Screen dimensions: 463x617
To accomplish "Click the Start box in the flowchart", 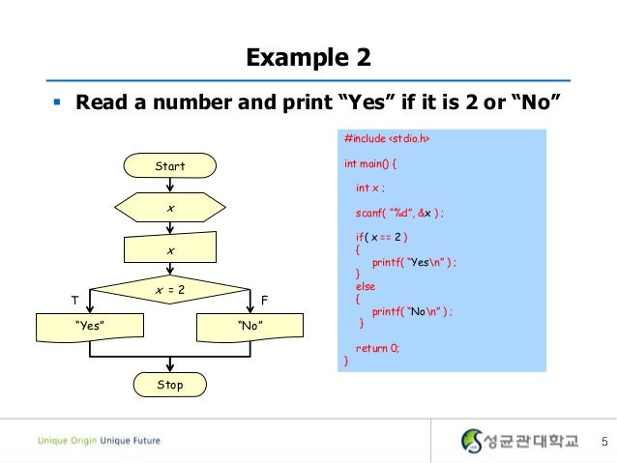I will (170, 166).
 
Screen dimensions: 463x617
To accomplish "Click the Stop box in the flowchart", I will (170, 385).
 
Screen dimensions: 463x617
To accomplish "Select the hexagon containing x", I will (170, 209).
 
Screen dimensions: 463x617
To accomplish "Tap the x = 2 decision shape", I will (170, 290).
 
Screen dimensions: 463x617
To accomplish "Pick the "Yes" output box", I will (89, 327).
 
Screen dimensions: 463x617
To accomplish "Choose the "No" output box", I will (250, 327).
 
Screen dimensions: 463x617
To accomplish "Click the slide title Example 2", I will (308, 59).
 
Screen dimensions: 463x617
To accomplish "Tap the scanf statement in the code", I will (399, 213).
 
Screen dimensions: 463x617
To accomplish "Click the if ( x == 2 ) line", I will (382, 237).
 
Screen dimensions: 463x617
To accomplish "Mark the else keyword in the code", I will (365, 287).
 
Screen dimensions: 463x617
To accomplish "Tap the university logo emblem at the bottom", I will (471, 441).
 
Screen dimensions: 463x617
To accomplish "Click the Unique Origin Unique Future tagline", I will (100, 442).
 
